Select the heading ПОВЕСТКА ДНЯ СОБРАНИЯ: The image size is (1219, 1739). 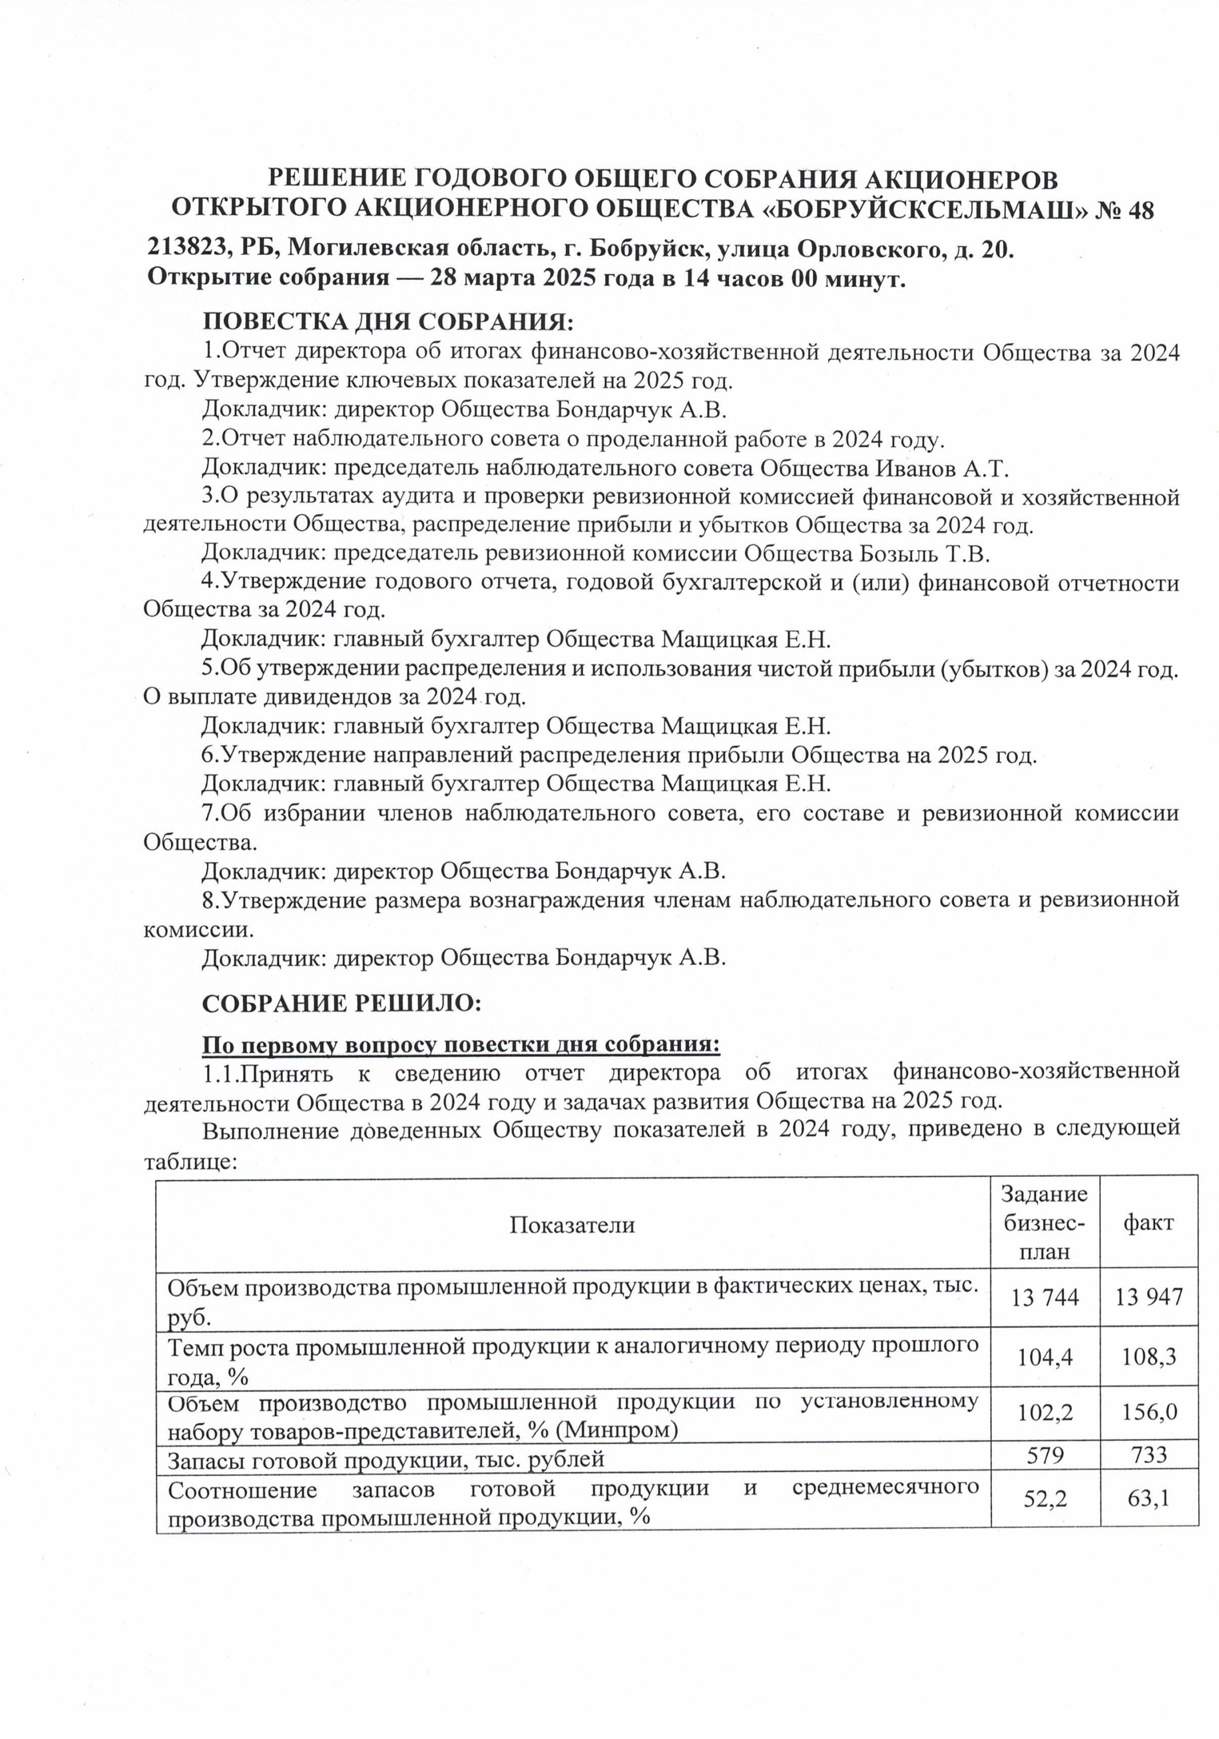(387, 321)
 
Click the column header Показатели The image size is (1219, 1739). (571, 1225)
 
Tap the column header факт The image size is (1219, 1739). (1148, 1223)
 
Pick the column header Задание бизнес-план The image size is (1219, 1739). (1044, 1223)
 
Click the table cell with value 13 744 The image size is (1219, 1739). (1044, 1297)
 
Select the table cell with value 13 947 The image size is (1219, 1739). (1148, 1297)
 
